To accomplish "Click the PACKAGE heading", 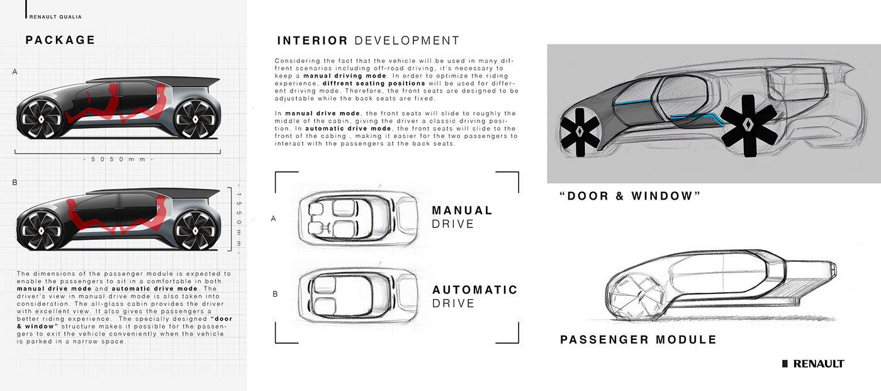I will [60, 40].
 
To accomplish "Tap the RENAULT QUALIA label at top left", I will [55, 17].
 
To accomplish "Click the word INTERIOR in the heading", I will [312, 41].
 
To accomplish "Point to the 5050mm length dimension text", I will [118, 159].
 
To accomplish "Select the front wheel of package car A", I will [42, 118].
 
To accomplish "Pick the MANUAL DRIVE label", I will [462, 217].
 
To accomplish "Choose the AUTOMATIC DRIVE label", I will [474, 297].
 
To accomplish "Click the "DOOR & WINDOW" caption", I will [630, 196].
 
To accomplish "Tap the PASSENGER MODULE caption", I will [638, 340].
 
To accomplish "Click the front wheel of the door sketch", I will [581, 130].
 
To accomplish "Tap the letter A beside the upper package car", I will [14, 72].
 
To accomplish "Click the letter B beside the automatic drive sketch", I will [275, 293].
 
